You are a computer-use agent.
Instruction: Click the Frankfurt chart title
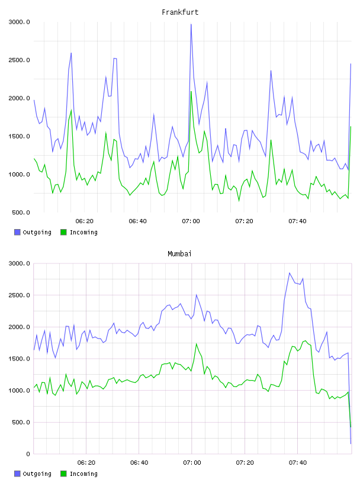(x=180, y=12)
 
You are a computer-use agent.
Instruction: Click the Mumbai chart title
(x=179, y=254)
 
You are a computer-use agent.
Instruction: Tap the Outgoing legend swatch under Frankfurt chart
(x=17, y=232)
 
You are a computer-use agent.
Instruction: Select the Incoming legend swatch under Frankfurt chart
(x=63, y=232)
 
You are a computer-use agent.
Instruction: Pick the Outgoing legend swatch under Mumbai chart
(x=17, y=474)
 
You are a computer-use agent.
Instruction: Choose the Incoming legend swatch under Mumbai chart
(x=63, y=474)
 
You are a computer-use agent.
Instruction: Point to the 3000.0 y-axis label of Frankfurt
(x=19, y=22)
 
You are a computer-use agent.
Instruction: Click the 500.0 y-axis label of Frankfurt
(x=21, y=212)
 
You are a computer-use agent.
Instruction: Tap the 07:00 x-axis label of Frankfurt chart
(x=191, y=221)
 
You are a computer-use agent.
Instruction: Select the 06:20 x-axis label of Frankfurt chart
(x=85, y=221)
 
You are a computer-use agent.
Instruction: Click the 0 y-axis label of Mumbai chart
(x=28, y=454)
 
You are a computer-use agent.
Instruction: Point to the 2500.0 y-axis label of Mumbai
(x=19, y=295)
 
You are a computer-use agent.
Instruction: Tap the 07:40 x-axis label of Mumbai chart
(x=298, y=463)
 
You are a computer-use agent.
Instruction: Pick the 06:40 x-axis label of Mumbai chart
(x=139, y=463)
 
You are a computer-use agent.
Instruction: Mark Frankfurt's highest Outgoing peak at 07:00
(x=191, y=24)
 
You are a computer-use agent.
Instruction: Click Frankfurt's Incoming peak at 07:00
(x=191, y=92)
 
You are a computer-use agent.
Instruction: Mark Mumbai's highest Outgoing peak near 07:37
(x=290, y=273)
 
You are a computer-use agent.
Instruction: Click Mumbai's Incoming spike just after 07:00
(x=197, y=344)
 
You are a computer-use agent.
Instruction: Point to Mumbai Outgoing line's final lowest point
(x=351, y=443)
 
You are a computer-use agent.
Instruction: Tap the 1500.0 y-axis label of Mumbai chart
(x=19, y=359)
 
